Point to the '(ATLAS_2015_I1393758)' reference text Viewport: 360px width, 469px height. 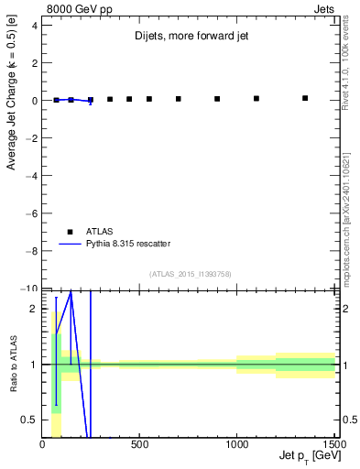(191, 273)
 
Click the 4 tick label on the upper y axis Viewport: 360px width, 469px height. (34, 26)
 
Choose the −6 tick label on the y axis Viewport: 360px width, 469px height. (31, 213)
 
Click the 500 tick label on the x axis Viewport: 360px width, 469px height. (139, 444)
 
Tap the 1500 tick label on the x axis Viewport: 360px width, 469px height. (333, 444)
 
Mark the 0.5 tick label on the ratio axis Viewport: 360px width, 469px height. (30, 420)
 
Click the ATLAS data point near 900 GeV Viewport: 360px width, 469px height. (217, 99)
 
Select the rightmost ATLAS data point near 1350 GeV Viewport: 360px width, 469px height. (305, 98)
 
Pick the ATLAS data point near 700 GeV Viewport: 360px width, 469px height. (179, 99)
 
